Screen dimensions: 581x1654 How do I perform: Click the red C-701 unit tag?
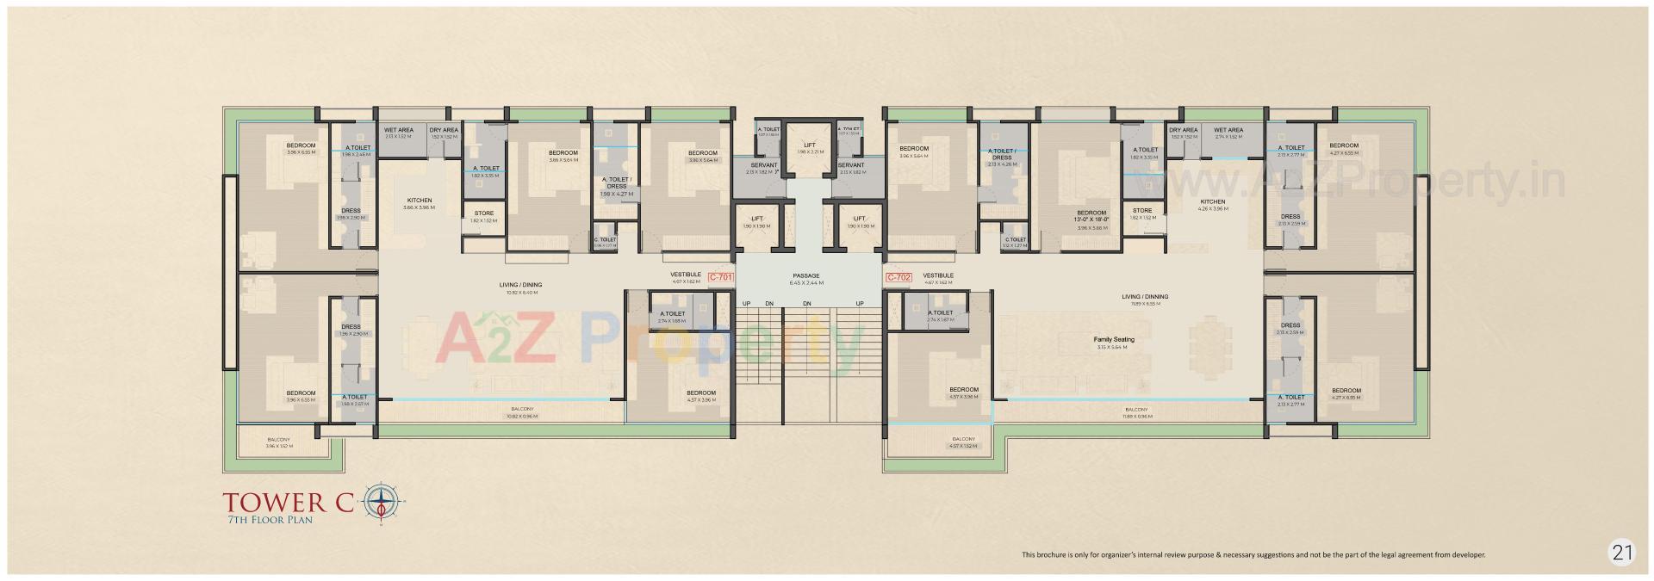click(719, 277)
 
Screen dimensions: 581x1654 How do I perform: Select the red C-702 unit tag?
click(899, 277)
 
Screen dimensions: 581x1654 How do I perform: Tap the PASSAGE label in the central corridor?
click(806, 276)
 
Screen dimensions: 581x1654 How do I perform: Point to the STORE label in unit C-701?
click(483, 213)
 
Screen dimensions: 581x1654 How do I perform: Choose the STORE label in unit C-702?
click(1142, 210)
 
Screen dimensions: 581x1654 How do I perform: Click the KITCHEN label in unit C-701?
click(420, 200)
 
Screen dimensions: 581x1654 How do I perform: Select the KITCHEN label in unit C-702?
click(1212, 202)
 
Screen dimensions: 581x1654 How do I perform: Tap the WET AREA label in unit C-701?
click(399, 130)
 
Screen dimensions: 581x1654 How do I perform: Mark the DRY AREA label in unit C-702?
click(1184, 130)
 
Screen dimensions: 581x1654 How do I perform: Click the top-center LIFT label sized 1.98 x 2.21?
click(810, 145)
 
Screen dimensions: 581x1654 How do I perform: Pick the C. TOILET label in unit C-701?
click(605, 239)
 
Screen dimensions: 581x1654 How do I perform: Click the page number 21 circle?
click(1622, 553)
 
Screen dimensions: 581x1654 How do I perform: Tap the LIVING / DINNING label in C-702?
click(1145, 297)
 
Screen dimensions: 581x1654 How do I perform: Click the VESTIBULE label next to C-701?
click(686, 275)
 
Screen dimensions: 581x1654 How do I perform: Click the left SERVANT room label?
click(764, 164)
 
